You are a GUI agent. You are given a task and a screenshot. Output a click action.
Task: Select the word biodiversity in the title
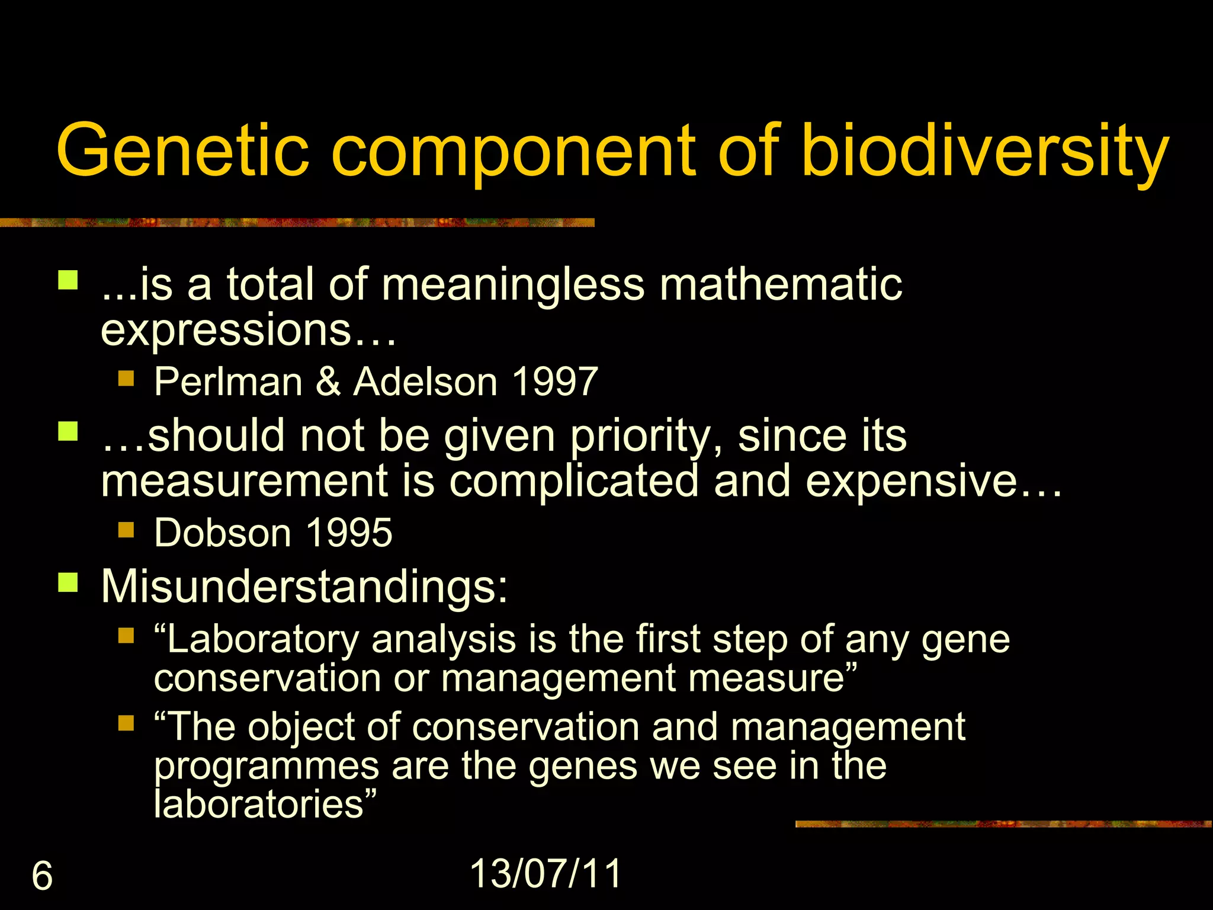[984, 150]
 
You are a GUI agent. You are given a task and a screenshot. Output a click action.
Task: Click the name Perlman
[228, 382]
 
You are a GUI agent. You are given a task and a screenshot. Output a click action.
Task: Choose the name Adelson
[425, 382]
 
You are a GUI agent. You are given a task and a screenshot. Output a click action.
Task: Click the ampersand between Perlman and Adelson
[328, 382]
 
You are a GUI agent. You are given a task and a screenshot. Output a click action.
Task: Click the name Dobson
[223, 533]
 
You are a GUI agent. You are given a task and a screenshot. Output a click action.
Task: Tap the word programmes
[266, 767]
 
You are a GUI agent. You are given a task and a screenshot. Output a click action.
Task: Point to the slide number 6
[42, 876]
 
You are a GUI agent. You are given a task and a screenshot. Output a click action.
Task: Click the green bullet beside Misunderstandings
[68, 582]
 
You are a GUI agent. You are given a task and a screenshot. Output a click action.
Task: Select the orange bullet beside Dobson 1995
[126, 529]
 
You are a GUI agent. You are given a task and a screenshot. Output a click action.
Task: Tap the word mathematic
[781, 285]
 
